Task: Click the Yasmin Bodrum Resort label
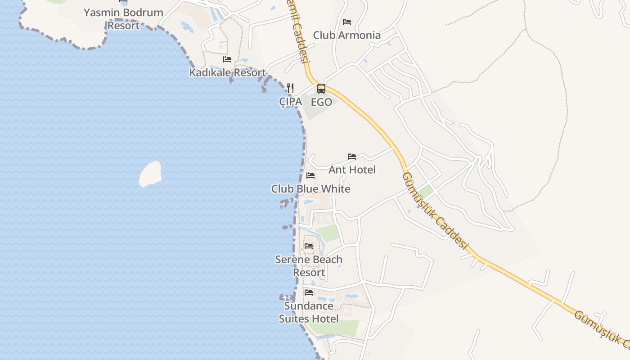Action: [x=123, y=19]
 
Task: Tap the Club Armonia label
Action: [x=346, y=35]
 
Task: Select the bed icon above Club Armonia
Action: [x=347, y=22]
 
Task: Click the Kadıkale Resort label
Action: [x=227, y=72]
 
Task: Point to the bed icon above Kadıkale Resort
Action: [x=227, y=59]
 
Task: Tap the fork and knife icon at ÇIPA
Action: [x=291, y=88]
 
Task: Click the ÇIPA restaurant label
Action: [x=291, y=102]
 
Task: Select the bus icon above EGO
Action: [x=321, y=89]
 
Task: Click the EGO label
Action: [x=321, y=102]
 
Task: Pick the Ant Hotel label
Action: [x=352, y=170]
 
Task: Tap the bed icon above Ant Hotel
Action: [x=352, y=157]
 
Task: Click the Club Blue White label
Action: [x=310, y=189]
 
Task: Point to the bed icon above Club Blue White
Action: [x=310, y=175]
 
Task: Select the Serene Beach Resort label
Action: [x=309, y=266]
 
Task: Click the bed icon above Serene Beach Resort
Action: [x=309, y=246]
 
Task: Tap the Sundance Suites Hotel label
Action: [x=309, y=312]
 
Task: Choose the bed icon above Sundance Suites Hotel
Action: [x=309, y=292]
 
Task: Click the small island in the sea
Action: [x=150, y=174]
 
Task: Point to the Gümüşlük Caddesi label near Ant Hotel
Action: [x=435, y=211]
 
